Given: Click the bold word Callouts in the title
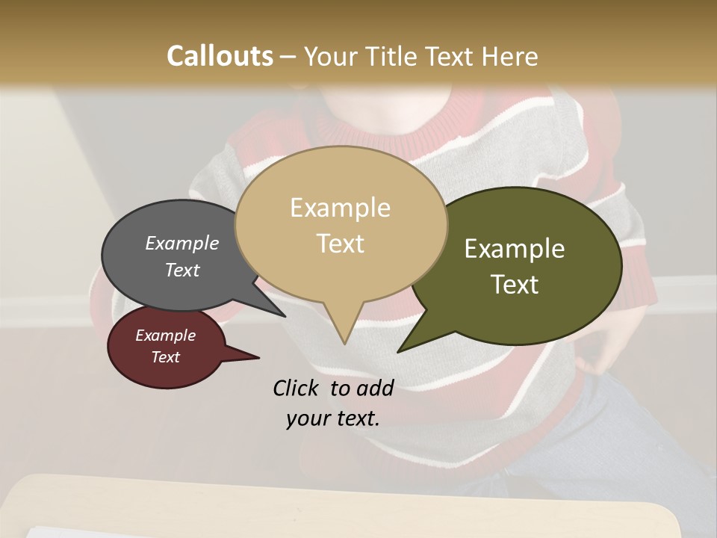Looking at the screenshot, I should click(220, 56).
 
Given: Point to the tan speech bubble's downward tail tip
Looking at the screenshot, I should click(344, 344).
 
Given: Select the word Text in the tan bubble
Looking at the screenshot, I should click(341, 243).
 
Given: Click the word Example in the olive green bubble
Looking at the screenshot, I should click(515, 248).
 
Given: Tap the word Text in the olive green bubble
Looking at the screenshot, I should click(515, 284).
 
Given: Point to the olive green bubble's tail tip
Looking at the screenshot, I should click(398, 351).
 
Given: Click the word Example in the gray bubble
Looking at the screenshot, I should click(182, 243).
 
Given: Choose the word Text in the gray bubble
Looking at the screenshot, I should click(182, 270).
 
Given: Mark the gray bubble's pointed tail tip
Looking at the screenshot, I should click(285, 316).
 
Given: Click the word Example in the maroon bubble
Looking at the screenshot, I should click(166, 336).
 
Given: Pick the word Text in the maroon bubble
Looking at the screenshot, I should click(166, 357).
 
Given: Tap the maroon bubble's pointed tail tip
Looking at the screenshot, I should click(258, 358).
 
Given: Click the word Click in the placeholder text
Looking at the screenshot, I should click(297, 388).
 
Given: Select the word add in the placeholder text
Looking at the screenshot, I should click(375, 388).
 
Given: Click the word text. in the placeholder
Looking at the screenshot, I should click(356, 418).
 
